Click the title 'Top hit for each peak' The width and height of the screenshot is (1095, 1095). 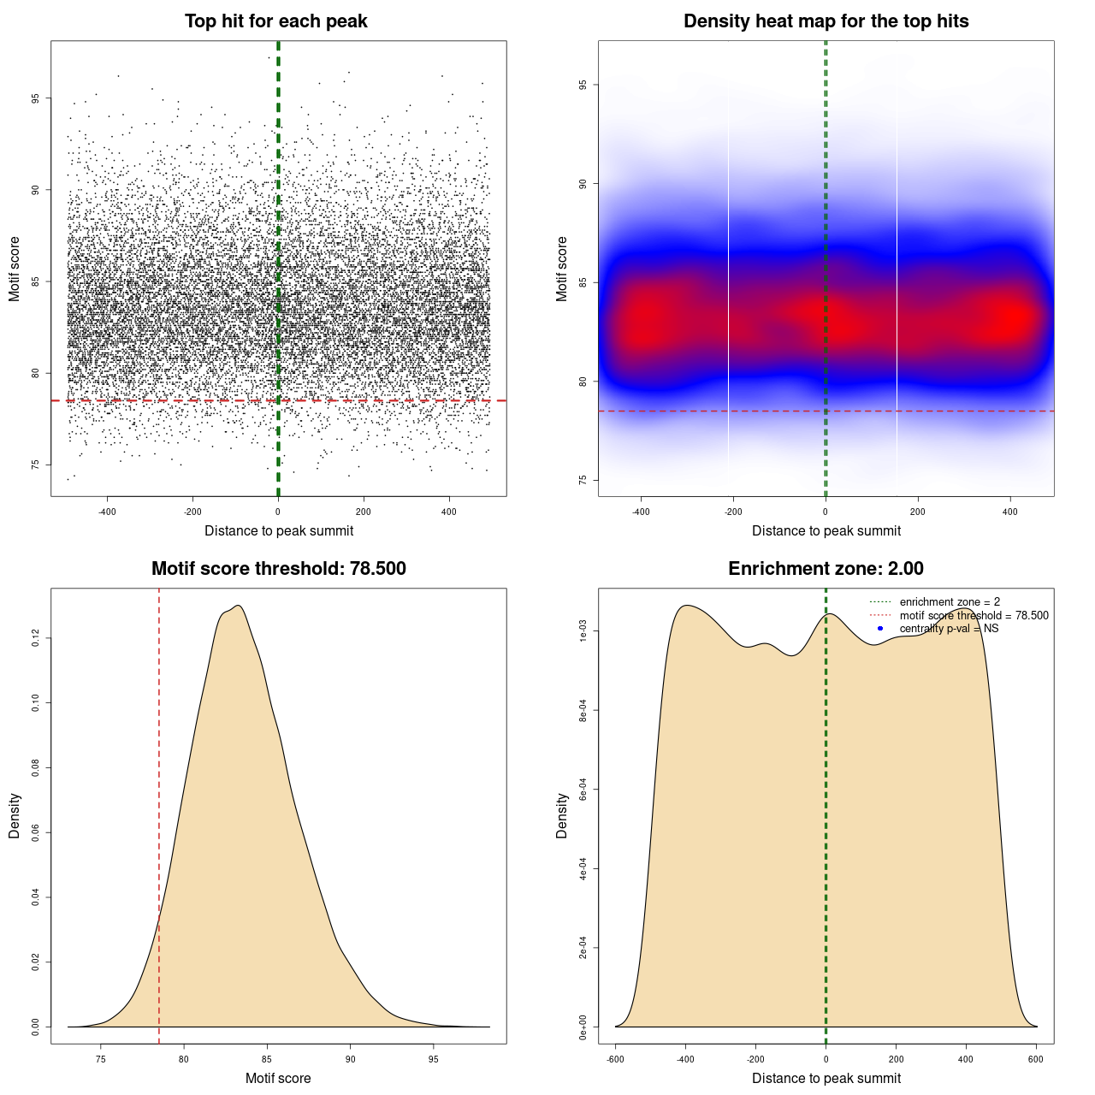pyautogui.click(x=275, y=21)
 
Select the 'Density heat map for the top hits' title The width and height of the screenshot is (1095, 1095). pyautogui.click(x=826, y=21)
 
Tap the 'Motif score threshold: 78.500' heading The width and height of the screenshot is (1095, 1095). pyautogui.click(x=278, y=569)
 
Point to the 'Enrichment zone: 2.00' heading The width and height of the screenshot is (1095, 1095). pyautogui.click(x=826, y=569)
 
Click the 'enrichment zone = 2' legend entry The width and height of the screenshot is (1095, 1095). pyautogui.click(x=950, y=602)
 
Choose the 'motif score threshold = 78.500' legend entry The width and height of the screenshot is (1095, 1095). pyautogui.click(x=974, y=615)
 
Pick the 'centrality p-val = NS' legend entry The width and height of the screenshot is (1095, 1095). pyautogui.click(x=949, y=629)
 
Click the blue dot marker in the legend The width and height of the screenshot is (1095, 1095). pyautogui.click(x=880, y=629)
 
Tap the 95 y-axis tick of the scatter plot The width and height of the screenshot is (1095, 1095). pyautogui.click(x=35, y=98)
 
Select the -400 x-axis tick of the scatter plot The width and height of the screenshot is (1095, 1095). pyautogui.click(x=107, y=512)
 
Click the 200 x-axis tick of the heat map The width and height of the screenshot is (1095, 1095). pyautogui.click(x=918, y=512)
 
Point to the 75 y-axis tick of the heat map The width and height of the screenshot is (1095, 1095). pyautogui.click(x=583, y=480)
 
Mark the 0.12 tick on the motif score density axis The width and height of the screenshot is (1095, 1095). pyautogui.click(x=35, y=638)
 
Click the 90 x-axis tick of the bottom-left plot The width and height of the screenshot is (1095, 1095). pyautogui.click(x=350, y=1060)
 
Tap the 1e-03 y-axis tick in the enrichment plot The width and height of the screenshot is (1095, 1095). pyautogui.click(x=583, y=631)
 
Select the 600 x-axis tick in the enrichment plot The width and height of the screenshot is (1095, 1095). pyautogui.click(x=1036, y=1060)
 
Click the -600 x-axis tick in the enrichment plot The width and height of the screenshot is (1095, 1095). pyautogui.click(x=615, y=1060)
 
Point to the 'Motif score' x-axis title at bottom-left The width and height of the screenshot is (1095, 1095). pyautogui.click(x=278, y=1079)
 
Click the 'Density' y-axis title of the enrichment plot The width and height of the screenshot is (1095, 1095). pyautogui.click(x=562, y=815)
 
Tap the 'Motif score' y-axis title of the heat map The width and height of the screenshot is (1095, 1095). pyautogui.click(x=562, y=269)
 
